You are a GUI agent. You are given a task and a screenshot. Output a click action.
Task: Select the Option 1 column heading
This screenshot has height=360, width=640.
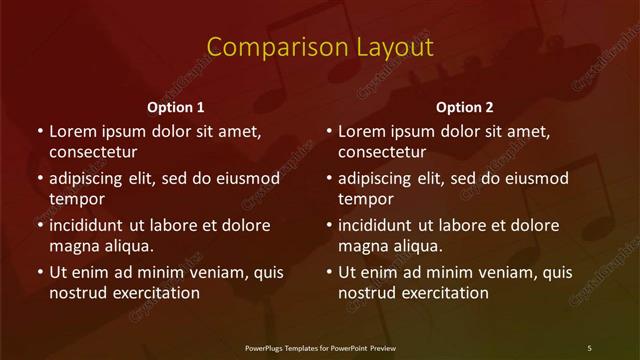[x=176, y=107]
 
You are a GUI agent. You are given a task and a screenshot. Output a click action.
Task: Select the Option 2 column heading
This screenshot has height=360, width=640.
[x=465, y=107]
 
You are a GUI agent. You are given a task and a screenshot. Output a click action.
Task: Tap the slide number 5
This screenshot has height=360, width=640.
[x=589, y=347]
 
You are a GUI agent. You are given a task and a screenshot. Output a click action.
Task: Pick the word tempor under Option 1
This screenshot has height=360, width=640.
[x=77, y=199]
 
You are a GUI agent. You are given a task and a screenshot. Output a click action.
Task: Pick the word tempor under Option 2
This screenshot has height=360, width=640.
[x=366, y=199]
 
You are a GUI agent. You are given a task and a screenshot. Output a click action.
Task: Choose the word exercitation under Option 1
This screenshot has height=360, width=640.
[x=155, y=293]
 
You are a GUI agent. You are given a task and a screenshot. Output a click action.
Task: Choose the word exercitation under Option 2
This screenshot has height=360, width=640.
[x=444, y=293]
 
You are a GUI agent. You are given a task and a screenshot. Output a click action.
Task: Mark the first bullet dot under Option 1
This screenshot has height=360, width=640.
[x=40, y=131]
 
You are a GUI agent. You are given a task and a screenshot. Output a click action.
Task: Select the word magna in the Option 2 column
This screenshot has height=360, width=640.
[x=363, y=246]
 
